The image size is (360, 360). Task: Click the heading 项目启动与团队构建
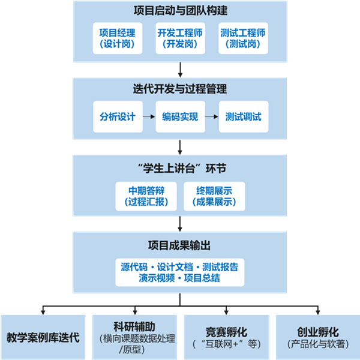coord(180,11)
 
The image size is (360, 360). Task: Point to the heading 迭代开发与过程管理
coord(180,89)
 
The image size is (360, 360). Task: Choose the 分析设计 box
coord(118,116)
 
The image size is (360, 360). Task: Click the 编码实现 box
coord(180,116)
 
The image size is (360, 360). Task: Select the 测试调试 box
coord(243,116)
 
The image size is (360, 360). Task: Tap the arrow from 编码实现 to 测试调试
coord(212,116)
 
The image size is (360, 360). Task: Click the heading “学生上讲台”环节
coord(180,167)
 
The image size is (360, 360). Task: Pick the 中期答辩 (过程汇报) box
coord(146,196)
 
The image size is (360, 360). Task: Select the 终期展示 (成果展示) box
coord(214,196)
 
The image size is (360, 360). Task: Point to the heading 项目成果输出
coord(180,245)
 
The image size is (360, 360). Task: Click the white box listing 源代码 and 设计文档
coord(180,272)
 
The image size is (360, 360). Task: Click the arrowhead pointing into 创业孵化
coord(317,311)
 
